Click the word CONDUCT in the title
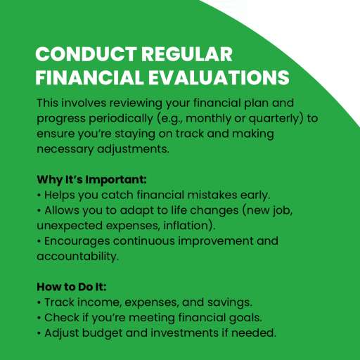86,54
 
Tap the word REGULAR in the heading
187,54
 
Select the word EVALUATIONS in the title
219,77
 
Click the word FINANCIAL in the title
89,77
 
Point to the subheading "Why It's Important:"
91,180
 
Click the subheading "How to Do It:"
72,287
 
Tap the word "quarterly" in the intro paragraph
274,119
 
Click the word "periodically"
121,119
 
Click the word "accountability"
77,257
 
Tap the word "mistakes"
212,195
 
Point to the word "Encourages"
77,242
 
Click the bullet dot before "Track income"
39,302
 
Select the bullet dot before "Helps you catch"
39,195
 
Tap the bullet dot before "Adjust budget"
39,333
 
